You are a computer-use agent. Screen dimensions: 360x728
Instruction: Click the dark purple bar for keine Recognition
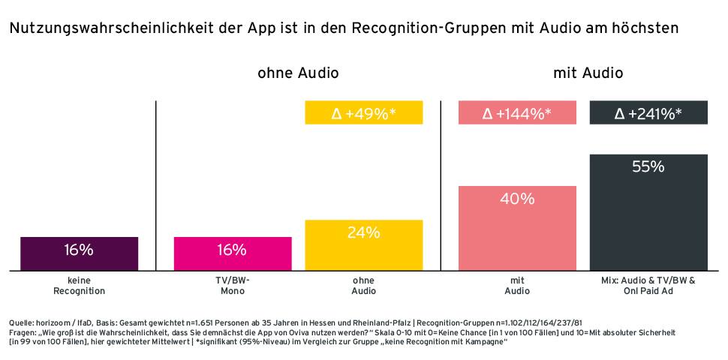pyautogui.click(x=79, y=253)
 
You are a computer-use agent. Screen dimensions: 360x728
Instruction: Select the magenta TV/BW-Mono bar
pyautogui.click(x=233, y=253)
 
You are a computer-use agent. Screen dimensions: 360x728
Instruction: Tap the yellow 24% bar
pyautogui.click(x=364, y=245)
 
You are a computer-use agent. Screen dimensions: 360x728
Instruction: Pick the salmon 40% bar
pyautogui.click(x=517, y=228)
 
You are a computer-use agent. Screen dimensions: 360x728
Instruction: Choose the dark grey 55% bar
pyautogui.click(x=648, y=212)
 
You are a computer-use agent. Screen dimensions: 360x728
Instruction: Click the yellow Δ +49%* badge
pyautogui.click(x=364, y=112)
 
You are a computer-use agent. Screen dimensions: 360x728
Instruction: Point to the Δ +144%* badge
pyautogui.click(x=517, y=112)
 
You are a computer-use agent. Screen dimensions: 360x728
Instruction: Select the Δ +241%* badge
pyautogui.click(x=648, y=112)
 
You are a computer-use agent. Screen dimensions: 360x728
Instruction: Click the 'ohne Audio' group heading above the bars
pyautogui.click(x=298, y=73)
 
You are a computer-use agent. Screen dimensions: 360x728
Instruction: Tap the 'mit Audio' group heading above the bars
pyautogui.click(x=588, y=73)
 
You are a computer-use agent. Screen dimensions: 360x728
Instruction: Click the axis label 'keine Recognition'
pyautogui.click(x=79, y=286)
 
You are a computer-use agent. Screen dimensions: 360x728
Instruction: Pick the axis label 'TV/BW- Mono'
pyautogui.click(x=233, y=286)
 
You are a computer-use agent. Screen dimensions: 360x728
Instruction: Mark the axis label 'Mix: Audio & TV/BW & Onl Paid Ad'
pyautogui.click(x=648, y=286)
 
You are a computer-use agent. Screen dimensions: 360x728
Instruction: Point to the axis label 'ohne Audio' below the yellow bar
pyautogui.click(x=364, y=286)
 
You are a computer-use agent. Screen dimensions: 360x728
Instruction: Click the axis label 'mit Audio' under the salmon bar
pyautogui.click(x=517, y=286)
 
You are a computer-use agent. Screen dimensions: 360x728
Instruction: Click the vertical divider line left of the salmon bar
pyautogui.click(x=441, y=186)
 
